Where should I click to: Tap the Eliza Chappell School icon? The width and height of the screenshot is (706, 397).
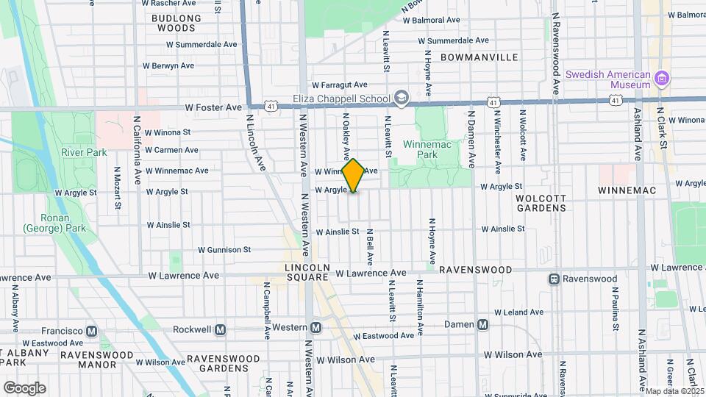(402, 98)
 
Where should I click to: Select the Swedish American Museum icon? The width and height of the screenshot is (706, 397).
(662, 79)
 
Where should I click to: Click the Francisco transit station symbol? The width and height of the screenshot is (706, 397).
(92, 331)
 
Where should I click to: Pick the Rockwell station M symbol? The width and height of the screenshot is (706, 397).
(221, 329)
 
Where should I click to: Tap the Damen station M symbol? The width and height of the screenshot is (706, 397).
(483, 324)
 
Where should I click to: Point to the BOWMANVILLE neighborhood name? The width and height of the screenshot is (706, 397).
(479, 57)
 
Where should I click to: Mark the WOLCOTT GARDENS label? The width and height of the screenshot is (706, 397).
(541, 203)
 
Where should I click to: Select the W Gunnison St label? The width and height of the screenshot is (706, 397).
(224, 250)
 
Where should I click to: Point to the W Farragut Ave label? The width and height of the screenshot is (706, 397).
(340, 85)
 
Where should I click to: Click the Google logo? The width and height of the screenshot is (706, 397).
(24, 387)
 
